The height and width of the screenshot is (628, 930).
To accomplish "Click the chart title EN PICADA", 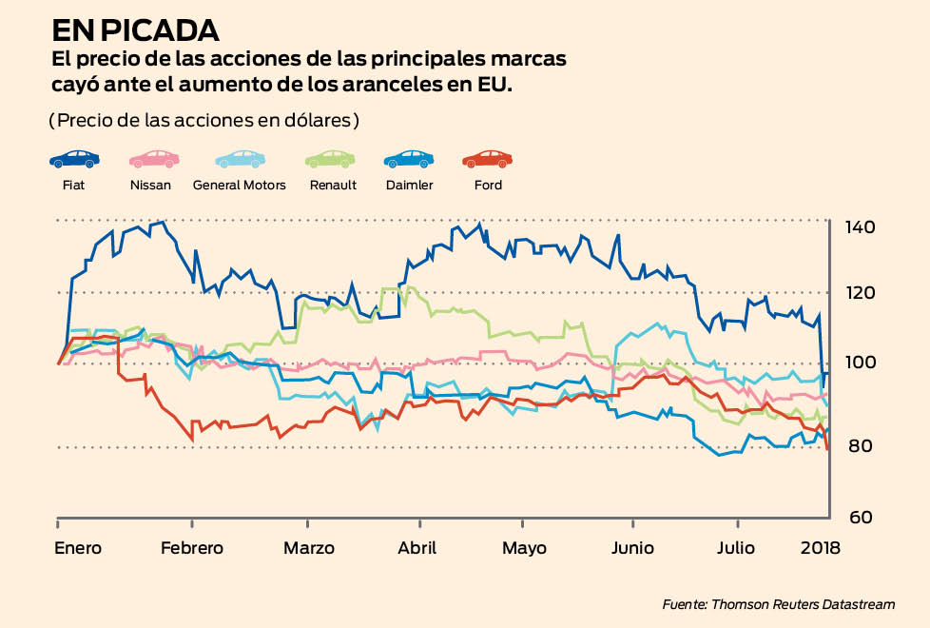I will [x=135, y=29].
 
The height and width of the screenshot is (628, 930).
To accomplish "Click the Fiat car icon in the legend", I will [x=74, y=159].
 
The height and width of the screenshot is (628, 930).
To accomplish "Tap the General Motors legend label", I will [x=239, y=185].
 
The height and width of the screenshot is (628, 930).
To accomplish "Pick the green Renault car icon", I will [x=330, y=159].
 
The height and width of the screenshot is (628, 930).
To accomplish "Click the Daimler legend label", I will [x=409, y=185].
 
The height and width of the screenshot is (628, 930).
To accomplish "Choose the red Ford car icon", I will [x=487, y=159].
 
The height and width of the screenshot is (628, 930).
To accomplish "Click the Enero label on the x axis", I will [x=78, y=548].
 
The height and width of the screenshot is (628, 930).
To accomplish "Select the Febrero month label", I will [x=191, y=548].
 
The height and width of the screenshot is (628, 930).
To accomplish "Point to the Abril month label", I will [x=417, y=548].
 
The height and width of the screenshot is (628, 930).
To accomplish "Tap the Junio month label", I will [x=632, y=548].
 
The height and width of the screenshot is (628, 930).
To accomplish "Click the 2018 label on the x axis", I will [x=820, y=548].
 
